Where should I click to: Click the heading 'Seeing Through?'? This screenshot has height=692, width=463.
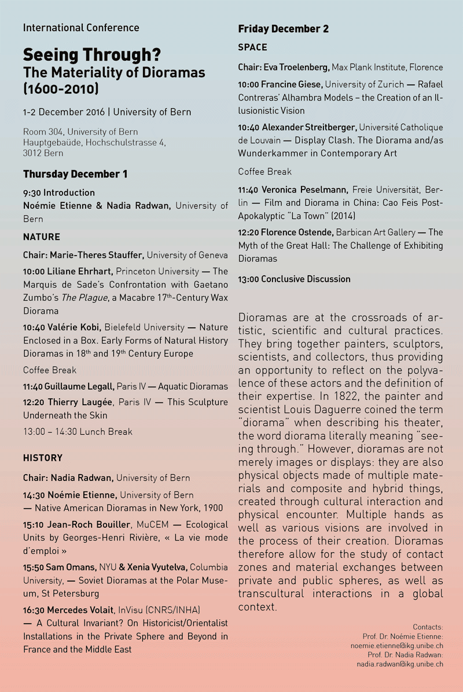(x=92, y=55)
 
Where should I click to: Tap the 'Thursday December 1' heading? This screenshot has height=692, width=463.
(x=75, y=174)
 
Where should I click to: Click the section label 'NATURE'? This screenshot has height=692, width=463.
(x=42, y=236)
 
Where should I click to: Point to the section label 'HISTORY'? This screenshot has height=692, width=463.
(x=43, y=458)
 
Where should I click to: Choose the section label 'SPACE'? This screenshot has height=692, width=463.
(x=252, y=47)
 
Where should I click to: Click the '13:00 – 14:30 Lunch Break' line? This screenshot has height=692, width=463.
(x=78, y=431)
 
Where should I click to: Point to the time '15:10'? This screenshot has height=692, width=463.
(x=34, y=524)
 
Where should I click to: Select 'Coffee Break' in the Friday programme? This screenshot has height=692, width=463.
(x=264, y=172)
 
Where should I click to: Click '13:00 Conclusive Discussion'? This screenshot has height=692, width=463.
(x=294, y=279)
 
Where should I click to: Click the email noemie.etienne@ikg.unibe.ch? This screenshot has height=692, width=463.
(x=397, y=645)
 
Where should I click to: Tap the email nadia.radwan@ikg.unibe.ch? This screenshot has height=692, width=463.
(x=400, y=664)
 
